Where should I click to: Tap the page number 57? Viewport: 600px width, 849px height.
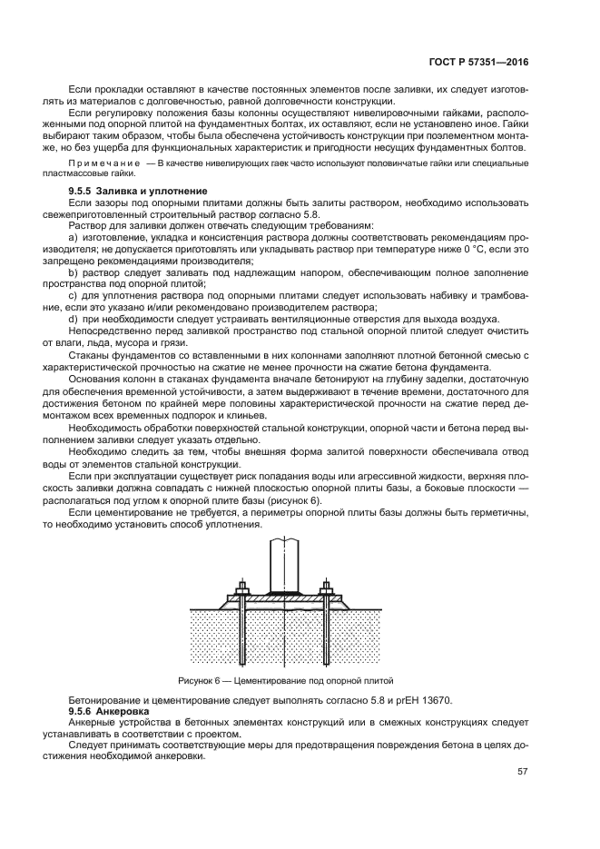click(x=522, y=775)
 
